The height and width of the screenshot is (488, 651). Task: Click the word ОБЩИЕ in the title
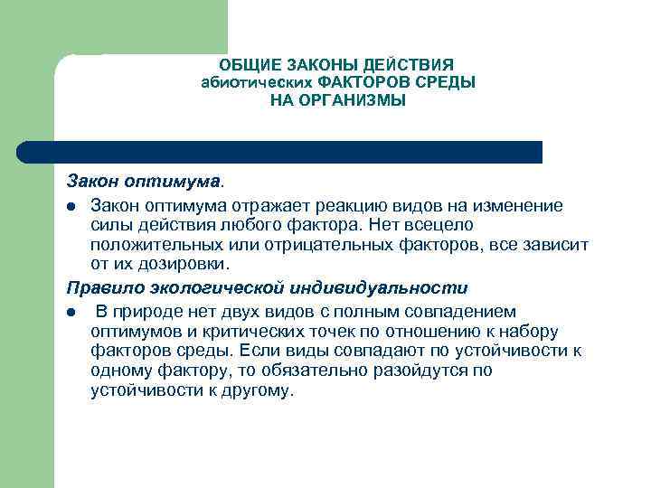(250, 65)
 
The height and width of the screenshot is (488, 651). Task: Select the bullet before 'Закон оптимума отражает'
(71, 207)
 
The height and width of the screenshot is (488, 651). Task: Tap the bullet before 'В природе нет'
(71, 313)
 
